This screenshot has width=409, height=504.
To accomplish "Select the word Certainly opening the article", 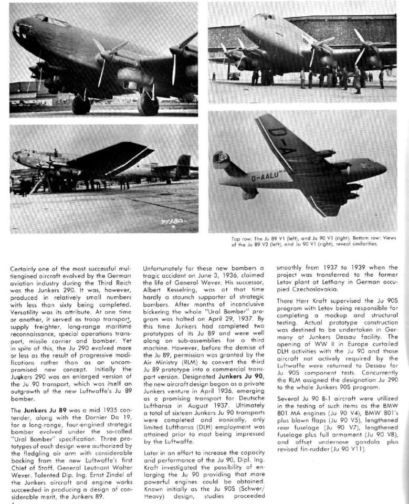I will coord(27,269).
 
